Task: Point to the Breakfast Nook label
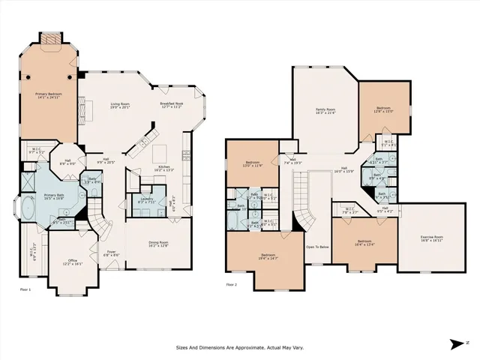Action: coord(170,105)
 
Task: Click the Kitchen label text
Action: coord(163,168)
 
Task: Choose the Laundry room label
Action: coord(146,200)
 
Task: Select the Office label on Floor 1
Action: coord(72,262)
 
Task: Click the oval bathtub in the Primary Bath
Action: coord(29,208)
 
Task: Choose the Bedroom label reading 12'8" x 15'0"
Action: coord(384,109)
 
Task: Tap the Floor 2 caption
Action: coord(232,285)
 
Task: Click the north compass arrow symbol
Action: coord(456,343)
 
